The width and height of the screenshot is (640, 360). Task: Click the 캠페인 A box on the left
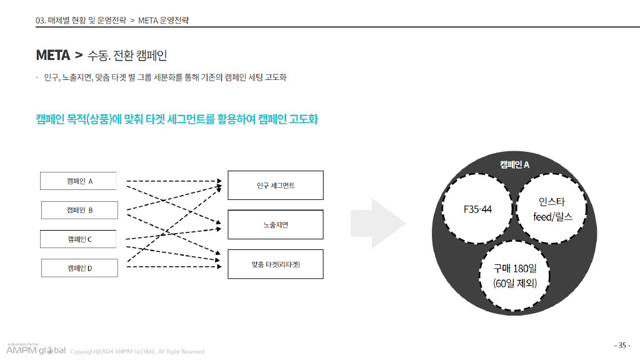(x=78, y=181)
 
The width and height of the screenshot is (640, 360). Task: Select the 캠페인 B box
(x=79, y=210)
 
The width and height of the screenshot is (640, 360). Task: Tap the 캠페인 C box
(x=78, y=239)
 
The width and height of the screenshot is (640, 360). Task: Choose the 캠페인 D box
(x=79, y=268)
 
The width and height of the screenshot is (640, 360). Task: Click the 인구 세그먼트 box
(x=276, y=185)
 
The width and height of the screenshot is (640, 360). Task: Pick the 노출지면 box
(x=276, y=224)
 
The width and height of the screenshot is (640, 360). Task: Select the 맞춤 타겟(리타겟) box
(x=276, y=264)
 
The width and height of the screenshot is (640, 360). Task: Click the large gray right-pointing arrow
(x=378, y=224)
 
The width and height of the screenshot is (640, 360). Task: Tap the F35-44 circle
(x=477, y=209)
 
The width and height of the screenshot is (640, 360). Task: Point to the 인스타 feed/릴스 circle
(x=552, y=209)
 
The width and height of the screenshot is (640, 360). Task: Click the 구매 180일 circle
(x=515, y=276)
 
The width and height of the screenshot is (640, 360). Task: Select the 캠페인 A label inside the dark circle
(x=514, y=164)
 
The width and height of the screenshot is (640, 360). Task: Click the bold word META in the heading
(x=53, y=55)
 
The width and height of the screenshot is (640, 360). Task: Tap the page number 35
(x=622, y=345)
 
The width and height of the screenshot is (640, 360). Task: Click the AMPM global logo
(x=36, y=349)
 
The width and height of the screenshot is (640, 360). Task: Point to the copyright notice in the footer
(x=137, y=351)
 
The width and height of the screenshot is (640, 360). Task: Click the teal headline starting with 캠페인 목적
(x=177, y=119)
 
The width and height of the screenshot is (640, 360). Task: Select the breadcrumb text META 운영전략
(x=163, y=21)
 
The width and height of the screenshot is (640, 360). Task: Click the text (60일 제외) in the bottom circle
(x=515, y=283)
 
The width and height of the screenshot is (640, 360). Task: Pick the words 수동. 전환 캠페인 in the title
(x=127, y=55)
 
